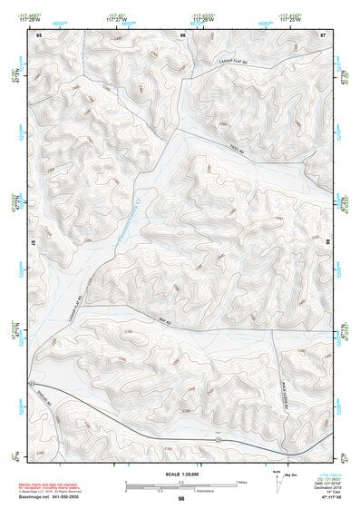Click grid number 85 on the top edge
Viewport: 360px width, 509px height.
(x=40, y=34)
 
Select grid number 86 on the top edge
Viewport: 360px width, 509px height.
(x=182, y=34)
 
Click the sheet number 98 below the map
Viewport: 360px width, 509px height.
(x=182, y=498)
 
